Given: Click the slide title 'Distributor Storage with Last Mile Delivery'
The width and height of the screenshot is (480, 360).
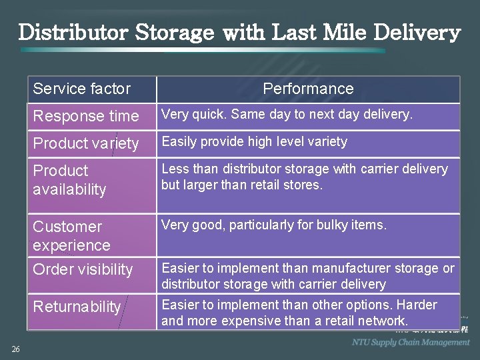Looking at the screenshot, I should (239, 32).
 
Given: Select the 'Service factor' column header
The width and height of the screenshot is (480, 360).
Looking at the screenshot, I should (81, 89).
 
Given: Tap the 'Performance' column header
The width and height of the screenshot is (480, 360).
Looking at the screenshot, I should (308, 89).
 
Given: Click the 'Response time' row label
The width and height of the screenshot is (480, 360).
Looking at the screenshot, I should (86, 116).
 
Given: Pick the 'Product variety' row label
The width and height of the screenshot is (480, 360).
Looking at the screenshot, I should (86, 143).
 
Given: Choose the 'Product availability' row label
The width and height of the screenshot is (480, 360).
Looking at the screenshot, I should (69, 180).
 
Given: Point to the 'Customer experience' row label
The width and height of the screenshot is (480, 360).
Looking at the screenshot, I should (71, 236).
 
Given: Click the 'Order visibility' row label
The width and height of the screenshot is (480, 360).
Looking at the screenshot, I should (83, 269).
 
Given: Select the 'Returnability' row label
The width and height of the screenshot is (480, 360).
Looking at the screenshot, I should (77, 307).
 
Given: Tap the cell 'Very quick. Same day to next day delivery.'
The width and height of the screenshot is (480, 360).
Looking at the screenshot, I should (287, 115).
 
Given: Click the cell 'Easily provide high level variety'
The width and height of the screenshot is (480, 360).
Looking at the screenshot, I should (255, 141).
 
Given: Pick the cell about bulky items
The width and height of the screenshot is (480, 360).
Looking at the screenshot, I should (274, 225).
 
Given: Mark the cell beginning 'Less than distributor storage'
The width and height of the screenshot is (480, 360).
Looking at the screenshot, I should (305, 177).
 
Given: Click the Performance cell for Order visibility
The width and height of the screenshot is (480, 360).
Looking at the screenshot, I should (308, 276).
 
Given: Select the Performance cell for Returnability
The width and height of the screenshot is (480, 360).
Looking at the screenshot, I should (299, 313).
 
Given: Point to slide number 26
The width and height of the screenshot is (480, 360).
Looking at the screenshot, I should (15, 349).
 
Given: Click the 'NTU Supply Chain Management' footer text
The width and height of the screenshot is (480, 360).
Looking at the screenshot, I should (411, 342).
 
